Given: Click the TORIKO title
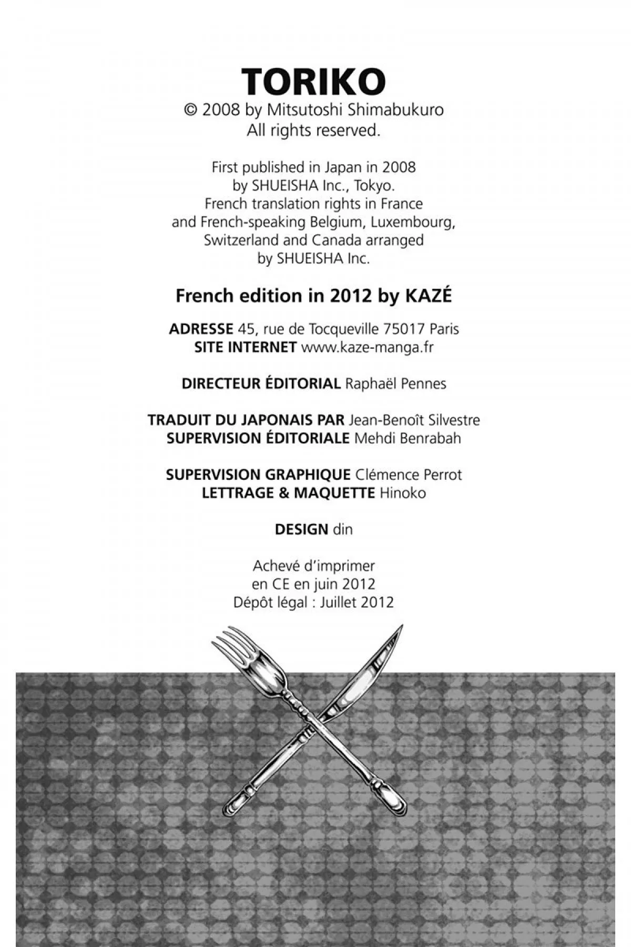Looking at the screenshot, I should click(314, 82).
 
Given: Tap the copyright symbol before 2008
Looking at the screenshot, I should click(190, 110).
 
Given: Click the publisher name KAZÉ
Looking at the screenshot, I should click(428, 296).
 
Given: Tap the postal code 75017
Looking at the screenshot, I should click(404, 329).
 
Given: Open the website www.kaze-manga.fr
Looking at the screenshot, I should click(367, 347).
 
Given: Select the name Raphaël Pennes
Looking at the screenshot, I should click(395, 384).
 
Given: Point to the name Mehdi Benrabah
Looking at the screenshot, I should click(408, 438).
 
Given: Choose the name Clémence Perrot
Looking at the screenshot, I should click(409, 475).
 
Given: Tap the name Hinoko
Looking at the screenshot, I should click(403, 493).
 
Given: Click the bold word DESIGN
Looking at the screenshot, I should click(301, 529).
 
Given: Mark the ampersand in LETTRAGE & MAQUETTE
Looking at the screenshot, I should click(284, 493).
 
